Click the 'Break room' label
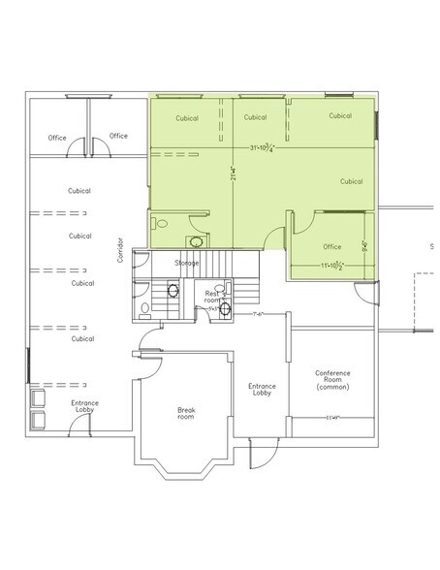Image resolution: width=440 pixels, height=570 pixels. click(x=186, y=413)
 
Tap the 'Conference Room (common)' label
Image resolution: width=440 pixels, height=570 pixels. click(x=332, y=379)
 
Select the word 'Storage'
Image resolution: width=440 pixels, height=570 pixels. click(x=187, y=263)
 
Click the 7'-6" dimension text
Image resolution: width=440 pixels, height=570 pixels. click(x=258, y=314)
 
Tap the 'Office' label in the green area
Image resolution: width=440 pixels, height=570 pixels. click(x=332, y=246)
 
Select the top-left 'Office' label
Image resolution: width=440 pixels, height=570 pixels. click(x=57, y=138)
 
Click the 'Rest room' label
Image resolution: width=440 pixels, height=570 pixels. click(x=211, y=296)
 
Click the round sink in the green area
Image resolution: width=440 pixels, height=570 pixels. click(x=197, y=240)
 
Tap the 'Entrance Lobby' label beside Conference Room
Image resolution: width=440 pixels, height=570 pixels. click(x=262, y=390)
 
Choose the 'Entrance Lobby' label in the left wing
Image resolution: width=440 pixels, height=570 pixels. click(x=84, y=407)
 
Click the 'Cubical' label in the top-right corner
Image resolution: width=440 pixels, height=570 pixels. click(x=339, y=115)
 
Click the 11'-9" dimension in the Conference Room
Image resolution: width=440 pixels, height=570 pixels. click(x=332, y=418)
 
